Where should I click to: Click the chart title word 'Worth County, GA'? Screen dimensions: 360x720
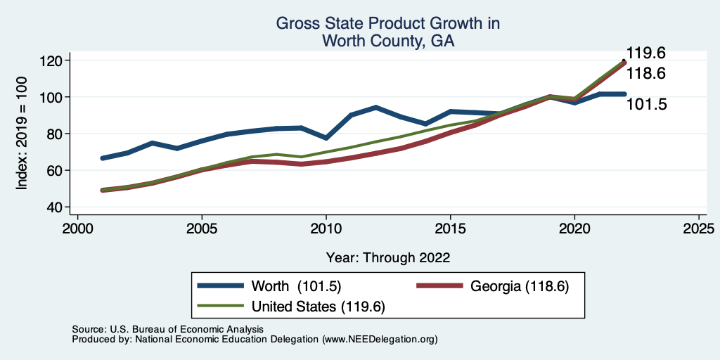click(x=388, y=41)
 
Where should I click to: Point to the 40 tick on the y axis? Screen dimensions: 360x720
click(x=53, y=207)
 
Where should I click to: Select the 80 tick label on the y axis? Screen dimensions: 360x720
click(x=53, y=134)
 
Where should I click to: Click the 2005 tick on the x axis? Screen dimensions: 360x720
click(x=202, y=229)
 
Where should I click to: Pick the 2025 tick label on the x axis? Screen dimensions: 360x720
click(x=699, y=229)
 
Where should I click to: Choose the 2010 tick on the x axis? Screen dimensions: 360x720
click(x=326, y=229)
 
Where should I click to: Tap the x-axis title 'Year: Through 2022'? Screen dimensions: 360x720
click(x=388, y=257)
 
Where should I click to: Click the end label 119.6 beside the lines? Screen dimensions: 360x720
click(x=646, y=53)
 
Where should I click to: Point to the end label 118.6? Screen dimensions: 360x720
click(x=646, y=74)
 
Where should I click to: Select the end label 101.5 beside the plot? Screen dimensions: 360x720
click(x=646, y=105)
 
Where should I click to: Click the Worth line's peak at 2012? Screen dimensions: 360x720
click(x=376, y=108)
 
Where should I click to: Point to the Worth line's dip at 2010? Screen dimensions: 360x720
click(x=326, y=137)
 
